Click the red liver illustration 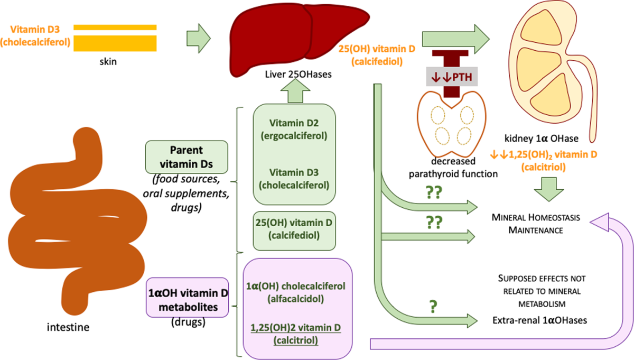299,40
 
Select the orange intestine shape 77,221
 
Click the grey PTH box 452,77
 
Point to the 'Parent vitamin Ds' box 187,157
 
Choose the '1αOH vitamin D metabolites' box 188,298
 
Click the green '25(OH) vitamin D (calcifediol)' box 294,231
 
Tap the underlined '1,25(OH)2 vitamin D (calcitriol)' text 295,334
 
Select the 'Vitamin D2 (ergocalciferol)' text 294,130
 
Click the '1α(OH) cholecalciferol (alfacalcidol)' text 295,292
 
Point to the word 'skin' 108,61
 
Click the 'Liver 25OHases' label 298,74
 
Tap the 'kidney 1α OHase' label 542,139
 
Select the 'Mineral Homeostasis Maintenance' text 536,224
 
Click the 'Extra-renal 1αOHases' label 540,320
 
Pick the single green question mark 433,307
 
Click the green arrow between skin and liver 199,39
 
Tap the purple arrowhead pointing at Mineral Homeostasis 600,223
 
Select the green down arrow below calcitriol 549,189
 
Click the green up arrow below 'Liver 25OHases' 295,90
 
